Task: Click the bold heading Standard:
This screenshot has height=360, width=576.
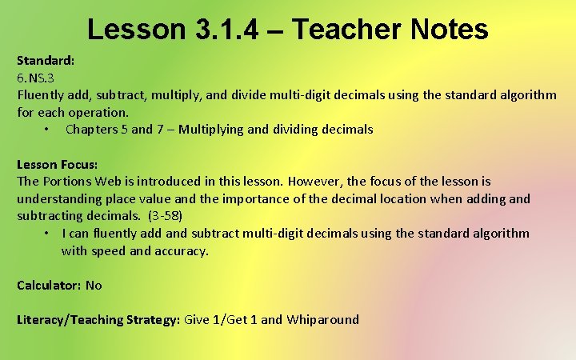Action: pos(46,61)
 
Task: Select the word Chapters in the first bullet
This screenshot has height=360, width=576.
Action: pos(94,130)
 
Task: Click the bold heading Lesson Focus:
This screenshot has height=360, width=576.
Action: pos(58,164)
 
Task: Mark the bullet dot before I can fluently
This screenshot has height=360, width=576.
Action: pos(48,234)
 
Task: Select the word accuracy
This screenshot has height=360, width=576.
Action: pos(182,251)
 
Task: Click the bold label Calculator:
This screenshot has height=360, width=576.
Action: pos(48,286)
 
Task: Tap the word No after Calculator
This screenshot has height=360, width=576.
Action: pos(94,286)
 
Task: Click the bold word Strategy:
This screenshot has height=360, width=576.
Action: pos(153,320)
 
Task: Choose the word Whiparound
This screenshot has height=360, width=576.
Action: pos(322,320)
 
